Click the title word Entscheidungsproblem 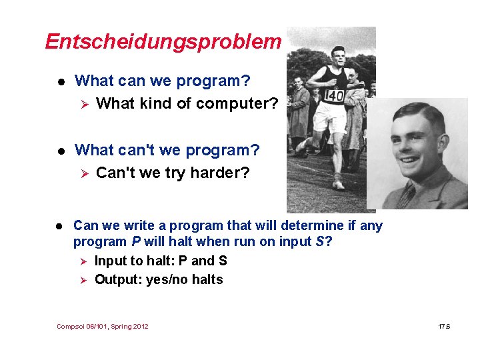[x=163, y=41]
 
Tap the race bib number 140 [x=333, y=97]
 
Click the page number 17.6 [x=445, y=326]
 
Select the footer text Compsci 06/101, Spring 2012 [x=103, y=326]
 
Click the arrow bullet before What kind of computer [x=83, y=103]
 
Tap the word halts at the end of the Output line [x=207, y=279]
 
